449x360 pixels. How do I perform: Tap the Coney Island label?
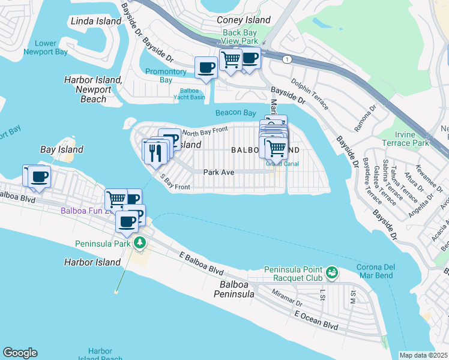(x=244, y=20)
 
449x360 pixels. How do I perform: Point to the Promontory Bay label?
(x=167, y=76)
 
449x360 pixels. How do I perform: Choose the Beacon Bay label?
(x=236, y=113)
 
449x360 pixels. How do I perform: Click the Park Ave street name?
(x=217, y=172)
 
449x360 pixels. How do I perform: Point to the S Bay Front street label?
(x=174, y=182)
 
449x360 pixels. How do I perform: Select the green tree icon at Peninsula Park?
(x=140, y=242)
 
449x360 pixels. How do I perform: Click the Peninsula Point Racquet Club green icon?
(x=331, y=274)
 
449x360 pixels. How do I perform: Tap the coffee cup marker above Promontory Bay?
(x=206, y=67)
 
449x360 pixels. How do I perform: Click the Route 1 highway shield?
(x=288, y=58)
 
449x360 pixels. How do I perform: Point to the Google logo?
(x=20, y=353)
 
